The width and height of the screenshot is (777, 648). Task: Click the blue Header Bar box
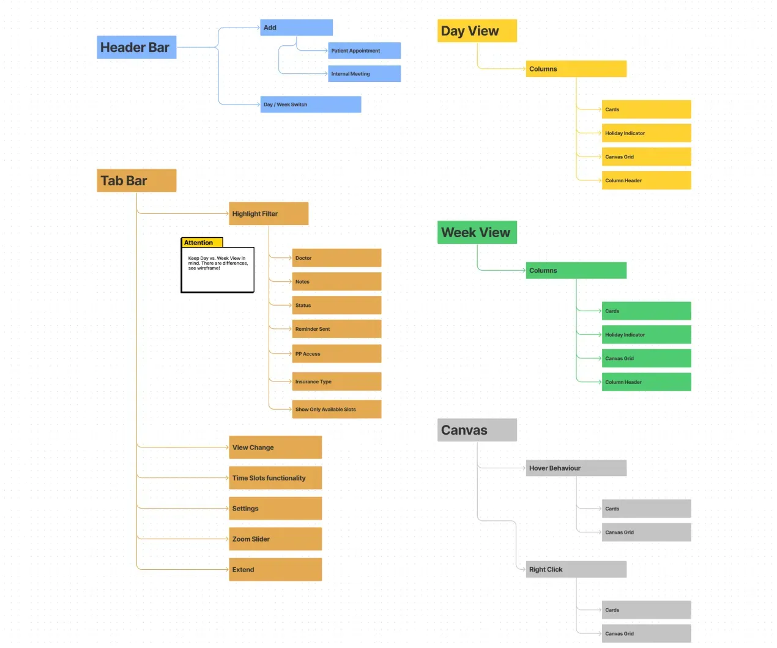pyautogui.click(x=136, y=47)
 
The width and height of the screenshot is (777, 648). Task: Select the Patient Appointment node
pyautogui.click(x=364, y=51)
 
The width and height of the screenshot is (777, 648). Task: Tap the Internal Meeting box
pyautogui.click(x=364, y=73)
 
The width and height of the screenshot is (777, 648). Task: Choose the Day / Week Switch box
pyautogui.click(x=310, y=105)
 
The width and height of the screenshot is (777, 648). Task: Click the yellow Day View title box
pyautogui.click(x=477, y=31)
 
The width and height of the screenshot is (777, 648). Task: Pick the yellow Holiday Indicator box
pyautogui.click(x=646, y=133)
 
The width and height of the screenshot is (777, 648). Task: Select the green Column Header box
pyautogui.click(x=646, y=382)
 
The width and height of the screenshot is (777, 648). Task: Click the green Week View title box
pyautogui.click(x=477, y=232)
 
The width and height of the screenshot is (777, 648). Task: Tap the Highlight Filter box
pyautogui.click(x=269, y=213)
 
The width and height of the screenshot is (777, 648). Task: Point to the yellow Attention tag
pyautogui.click(x=202, y=243)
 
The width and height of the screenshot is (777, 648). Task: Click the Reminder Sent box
pyautogui.click(x=336, y=329)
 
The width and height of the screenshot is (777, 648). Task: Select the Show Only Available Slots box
pyautogui.click(x=336, y=409)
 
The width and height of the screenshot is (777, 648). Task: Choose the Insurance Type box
pyautogui.click(x=336, y=381)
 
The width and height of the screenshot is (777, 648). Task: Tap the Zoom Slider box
pyautogui.click(x=275, y=539)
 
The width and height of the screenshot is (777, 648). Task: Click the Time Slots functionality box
pyautogui.click(x=275, y=477)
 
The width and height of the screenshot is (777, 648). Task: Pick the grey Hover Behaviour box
pyautogui.click(x=576, y=468)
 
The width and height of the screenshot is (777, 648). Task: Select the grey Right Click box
pyautogui.click(x=576, y=569)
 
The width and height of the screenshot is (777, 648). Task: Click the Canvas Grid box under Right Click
pyautogui.click(x=646, y=633)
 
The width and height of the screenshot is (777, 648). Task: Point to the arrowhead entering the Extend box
pyautogui.click(x=227, y=569)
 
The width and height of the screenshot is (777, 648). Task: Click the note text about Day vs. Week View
pyautogui.click(x=218, y=263)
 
